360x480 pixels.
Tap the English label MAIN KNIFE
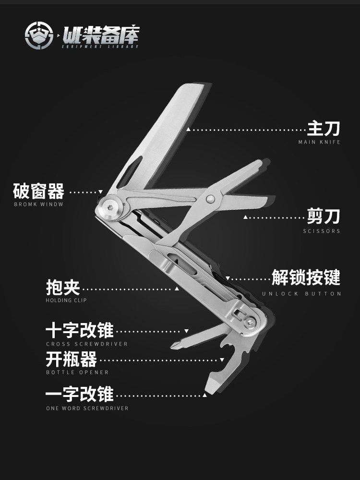point(319,142)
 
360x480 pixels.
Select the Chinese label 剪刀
point(324,216)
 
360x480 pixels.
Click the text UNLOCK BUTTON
point(302,293)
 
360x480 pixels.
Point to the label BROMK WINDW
point(38,204)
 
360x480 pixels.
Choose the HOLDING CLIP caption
point(66,300)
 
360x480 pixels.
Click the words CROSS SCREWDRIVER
point(87,344)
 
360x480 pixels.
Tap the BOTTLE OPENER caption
point(77,372)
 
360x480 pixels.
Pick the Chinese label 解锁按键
point(306,277)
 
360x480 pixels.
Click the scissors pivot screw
point(210,199)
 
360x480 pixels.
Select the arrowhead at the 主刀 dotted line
point(189,129)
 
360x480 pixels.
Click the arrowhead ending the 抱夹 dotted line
point(177,288)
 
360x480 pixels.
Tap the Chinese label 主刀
point(324,129)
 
